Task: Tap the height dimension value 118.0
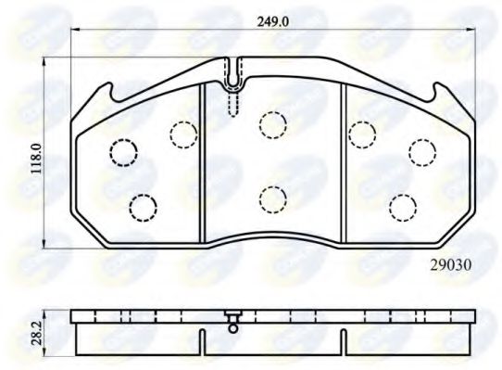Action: (x=35, y=159)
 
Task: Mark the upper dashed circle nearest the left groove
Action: (x=182, y=134)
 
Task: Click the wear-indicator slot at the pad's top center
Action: (x=232, y=83)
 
